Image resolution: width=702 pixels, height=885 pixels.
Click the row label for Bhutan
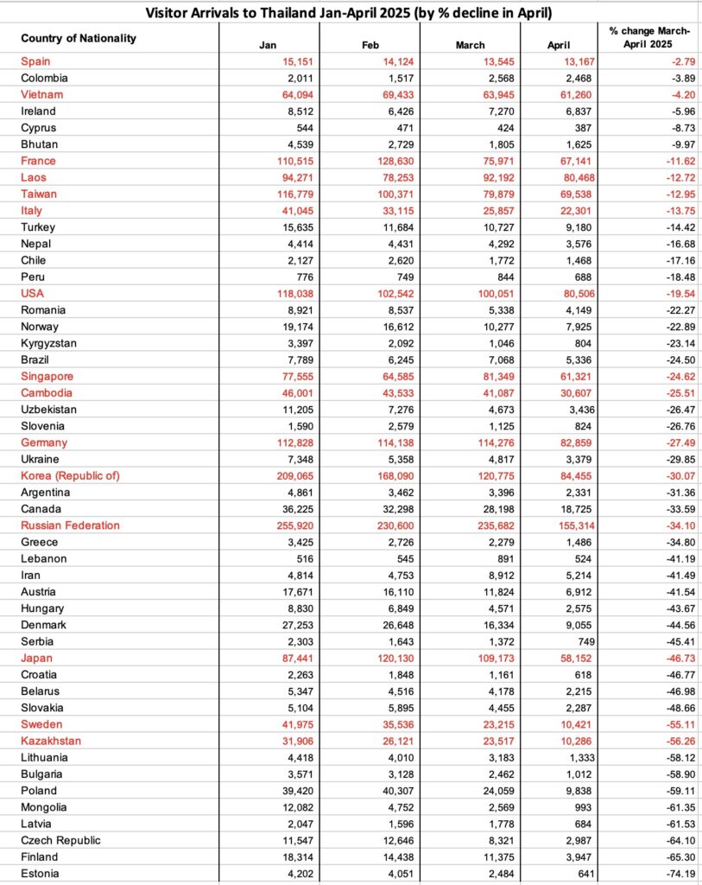point(40,144)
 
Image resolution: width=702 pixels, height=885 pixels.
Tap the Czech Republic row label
point(60,839)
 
